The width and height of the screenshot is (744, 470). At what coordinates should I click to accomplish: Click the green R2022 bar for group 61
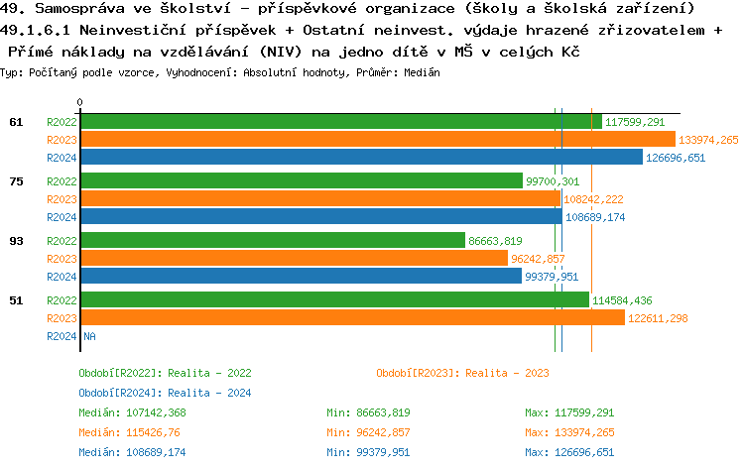coord(340,122)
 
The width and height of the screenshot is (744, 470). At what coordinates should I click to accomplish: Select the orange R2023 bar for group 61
coord(377,140)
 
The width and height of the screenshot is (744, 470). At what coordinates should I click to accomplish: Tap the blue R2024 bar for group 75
coord(319,217)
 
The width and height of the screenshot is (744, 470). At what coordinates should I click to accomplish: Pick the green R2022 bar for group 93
coord(272,241)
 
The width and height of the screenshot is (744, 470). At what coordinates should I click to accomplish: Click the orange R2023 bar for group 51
coord(352,318)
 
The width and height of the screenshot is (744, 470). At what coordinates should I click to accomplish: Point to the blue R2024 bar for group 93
coord(301,277)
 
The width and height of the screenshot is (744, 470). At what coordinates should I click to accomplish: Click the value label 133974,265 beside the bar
coord(708,140)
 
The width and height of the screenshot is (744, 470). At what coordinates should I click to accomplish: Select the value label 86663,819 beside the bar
coord(495,241)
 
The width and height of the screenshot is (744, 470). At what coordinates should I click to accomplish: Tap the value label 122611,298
coord(658,318)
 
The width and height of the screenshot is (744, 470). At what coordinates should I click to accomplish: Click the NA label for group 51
coord(89,336)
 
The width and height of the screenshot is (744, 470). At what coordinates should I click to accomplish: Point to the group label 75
coord(16,181)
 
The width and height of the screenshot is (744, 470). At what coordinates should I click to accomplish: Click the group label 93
coord(16,241)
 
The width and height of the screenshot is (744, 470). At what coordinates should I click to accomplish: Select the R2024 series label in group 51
coord(62,336)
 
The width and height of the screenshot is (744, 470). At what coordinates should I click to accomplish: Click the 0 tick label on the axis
coord(80,102)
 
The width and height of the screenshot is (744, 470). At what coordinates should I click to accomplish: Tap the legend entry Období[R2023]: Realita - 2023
coord(462,373)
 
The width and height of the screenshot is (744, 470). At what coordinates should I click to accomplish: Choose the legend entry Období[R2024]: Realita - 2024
coord(165,393)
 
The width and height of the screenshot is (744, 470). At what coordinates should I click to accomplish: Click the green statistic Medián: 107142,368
coord(132,412)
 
